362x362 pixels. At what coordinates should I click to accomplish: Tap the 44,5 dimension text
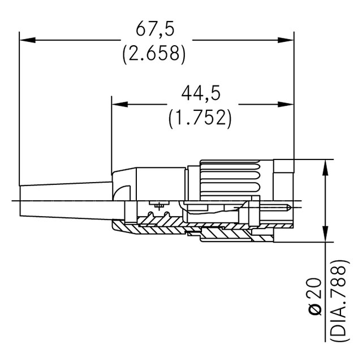(200, 92)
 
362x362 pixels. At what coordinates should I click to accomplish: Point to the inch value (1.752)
(200, 117)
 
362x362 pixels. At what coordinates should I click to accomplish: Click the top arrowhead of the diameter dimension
(325, 167)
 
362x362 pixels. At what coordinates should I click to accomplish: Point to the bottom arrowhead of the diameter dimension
(325, 236)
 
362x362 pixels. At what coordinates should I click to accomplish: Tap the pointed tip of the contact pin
(291, 209)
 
